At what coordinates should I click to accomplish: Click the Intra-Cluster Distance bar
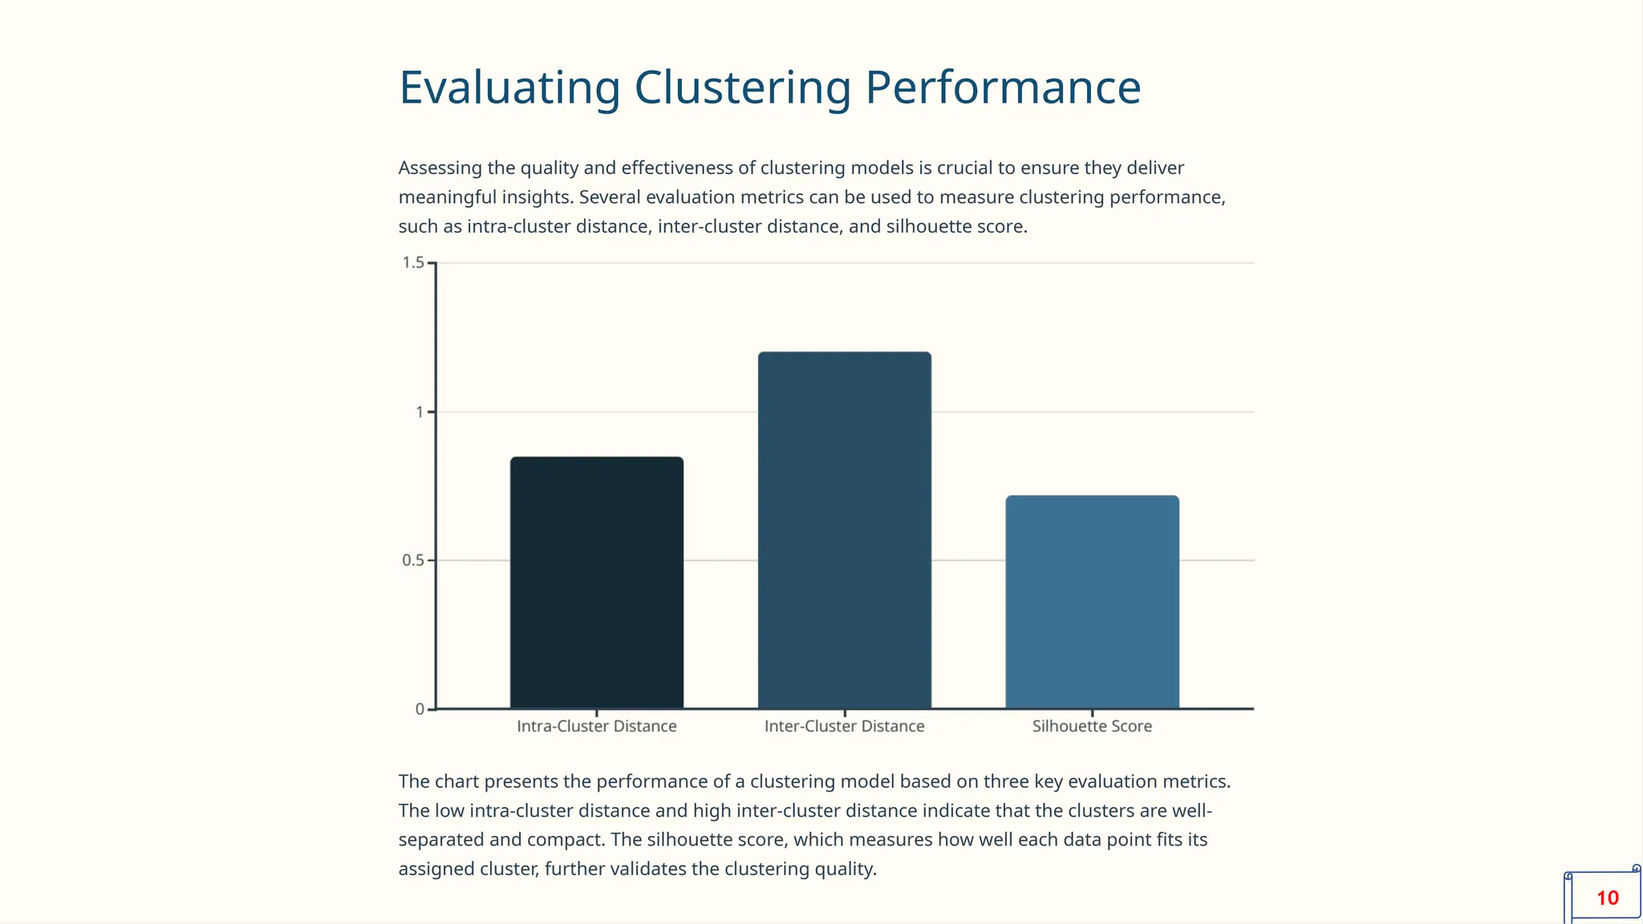click(x=597, y=583)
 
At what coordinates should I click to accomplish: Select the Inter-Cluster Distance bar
click(x=845, y=530)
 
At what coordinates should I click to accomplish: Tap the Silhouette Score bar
click(x=1092, y=602)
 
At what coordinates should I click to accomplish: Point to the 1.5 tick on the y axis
click(x=413, y=263)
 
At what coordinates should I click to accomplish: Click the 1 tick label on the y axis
click(x=419, y=412)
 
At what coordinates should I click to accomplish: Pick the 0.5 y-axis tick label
click(x=413, y=561)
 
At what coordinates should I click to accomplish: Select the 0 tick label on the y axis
click(x=420, y=709)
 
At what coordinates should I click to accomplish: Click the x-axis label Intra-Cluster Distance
click(x=597, y=727)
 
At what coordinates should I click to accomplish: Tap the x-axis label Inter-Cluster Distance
click(x=844, y=727)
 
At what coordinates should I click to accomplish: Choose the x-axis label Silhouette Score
click(x=1092, y=727)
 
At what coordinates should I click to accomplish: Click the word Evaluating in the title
click(x=509, y=88)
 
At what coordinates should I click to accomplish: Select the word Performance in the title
click(x=1003, y=88)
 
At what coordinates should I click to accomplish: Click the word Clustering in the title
click(x=742, y=88)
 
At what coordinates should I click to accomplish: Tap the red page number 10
click(x=1607, y=898)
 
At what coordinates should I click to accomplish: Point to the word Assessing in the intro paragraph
click(x=440, y=168)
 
